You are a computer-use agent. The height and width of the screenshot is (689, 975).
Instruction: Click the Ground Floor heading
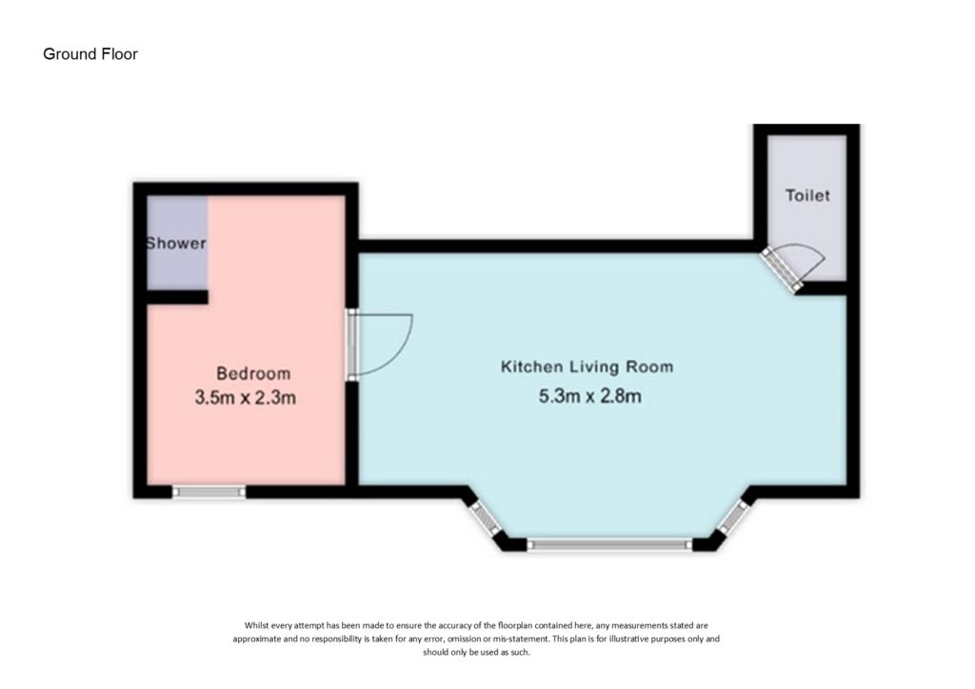click(x=90, y=54)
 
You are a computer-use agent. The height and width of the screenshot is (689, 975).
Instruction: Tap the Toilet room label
click(x=807, y=195)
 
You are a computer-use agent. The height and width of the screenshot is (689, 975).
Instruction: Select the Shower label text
click(x=176, y=244)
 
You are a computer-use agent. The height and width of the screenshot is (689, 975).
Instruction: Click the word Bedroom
click(x=253, y=373)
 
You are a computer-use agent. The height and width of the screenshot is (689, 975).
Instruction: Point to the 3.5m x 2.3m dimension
click(x=246, y=398)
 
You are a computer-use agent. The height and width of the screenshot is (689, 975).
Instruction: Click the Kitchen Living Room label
click(x=587, y=366)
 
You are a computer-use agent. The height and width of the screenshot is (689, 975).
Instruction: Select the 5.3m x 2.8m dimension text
click(x=589, y=395)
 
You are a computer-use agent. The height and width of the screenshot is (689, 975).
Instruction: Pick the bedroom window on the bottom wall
click(x=209, y=492)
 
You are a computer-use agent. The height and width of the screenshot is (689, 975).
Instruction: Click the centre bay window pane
click(x=609, y=544)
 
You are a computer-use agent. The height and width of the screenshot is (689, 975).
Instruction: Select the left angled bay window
click(x=485, y=518)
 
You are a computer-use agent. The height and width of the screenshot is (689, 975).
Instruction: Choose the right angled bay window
click(x=733, y=518)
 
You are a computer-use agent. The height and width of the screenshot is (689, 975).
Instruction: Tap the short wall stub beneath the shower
click(x=177, y=297)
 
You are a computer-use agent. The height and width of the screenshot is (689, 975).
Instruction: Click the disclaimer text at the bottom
click(x=477, y=639)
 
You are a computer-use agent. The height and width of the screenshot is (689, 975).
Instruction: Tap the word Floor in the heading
click(x=120, y=54)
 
